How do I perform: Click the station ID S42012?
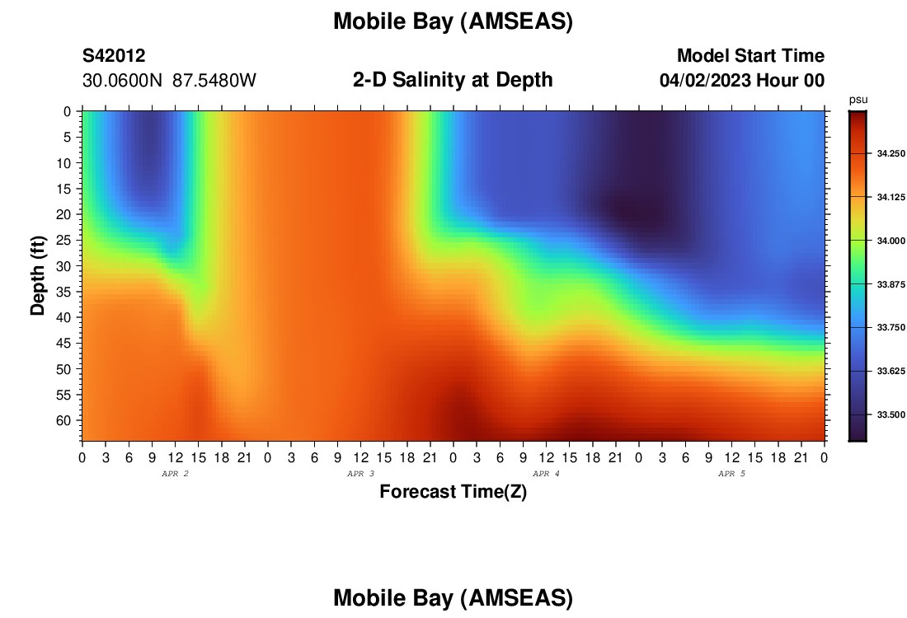114,55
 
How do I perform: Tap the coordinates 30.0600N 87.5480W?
169,81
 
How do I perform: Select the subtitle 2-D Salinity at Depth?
453,80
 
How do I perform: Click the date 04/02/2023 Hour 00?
741,81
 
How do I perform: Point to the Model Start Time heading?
750,55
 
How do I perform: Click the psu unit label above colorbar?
858,100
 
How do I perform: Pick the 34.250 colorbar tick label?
891,154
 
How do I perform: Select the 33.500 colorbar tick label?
891,414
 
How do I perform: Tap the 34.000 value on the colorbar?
891,241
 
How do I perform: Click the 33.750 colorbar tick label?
891,327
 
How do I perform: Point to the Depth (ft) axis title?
38,275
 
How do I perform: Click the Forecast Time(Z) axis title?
453,491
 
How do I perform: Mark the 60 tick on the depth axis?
63,420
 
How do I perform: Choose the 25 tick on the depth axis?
63,240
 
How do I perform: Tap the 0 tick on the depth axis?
68,111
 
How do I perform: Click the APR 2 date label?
175,474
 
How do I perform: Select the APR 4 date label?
546,474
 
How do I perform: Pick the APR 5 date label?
731,474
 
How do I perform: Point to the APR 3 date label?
360,474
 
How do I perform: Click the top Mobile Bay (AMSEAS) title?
453,21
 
